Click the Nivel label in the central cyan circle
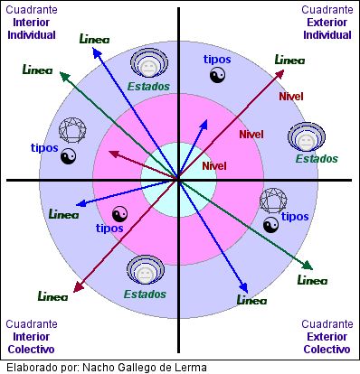[x=214, y=166]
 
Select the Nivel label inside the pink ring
[x=251, y=135]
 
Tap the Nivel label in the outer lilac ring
[x=291, y=97]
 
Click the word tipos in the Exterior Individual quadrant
[x=217, y=60]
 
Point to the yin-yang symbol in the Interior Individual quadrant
[x=68, y=157]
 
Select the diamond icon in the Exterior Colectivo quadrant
[x=271, y=200]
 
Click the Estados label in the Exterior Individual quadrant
[x=317, y=159]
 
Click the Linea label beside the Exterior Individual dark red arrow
[x=289, y=60]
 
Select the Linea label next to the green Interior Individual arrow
[x=37, y=70]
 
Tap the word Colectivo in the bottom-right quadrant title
[x=327, y=349]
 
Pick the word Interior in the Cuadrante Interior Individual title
[x=32, y=23]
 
